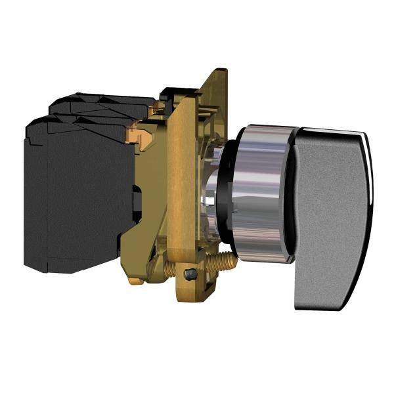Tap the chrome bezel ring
coord(259,197)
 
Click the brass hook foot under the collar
coord(135,281)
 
